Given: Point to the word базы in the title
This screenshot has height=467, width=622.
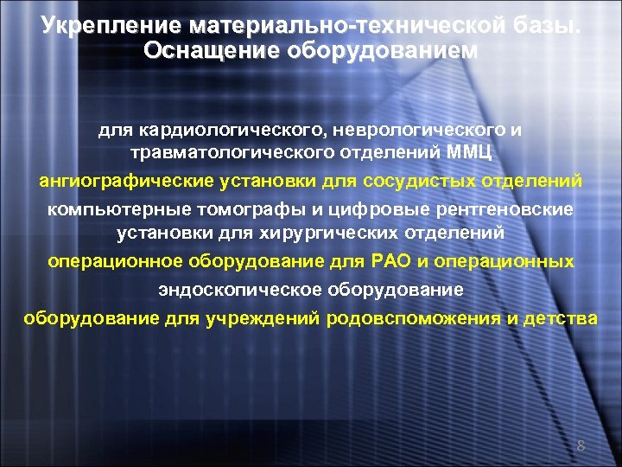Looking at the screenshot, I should tap(549, 27).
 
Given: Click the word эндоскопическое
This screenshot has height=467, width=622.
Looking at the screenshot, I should tap(228, 289).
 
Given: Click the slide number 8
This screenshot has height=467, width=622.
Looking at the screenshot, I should tap(581, 446).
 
